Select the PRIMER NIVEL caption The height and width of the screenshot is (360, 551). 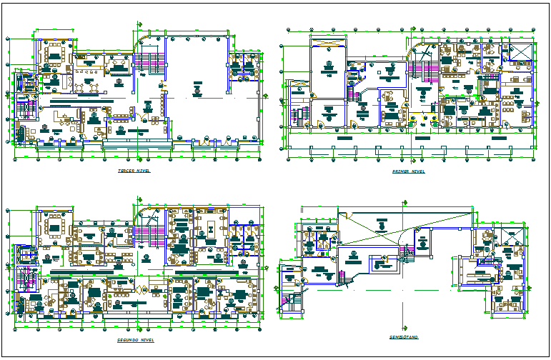[x=409, y=172]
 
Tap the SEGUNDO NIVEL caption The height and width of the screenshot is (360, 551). [x=135, y=341]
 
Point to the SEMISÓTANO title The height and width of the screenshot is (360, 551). [x=404, y=336]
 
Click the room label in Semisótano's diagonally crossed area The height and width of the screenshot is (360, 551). [x=382, y=226]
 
